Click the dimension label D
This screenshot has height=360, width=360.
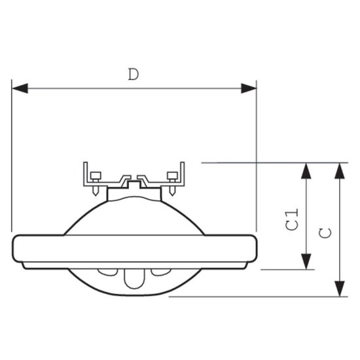(134, 74)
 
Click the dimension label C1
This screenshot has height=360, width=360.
(292, 219)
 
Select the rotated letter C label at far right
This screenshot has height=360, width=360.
(325, 233)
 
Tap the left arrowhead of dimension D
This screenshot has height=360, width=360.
(20, 88)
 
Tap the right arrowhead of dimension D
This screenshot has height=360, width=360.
(249, 88)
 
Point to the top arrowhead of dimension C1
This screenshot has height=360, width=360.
(306, 171)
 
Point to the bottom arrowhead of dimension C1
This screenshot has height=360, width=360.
(306, 262)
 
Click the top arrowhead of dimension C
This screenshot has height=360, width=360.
(340, 171)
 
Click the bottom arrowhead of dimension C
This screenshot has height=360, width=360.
(340, 289)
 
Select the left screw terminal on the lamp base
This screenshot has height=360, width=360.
(96, 183)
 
